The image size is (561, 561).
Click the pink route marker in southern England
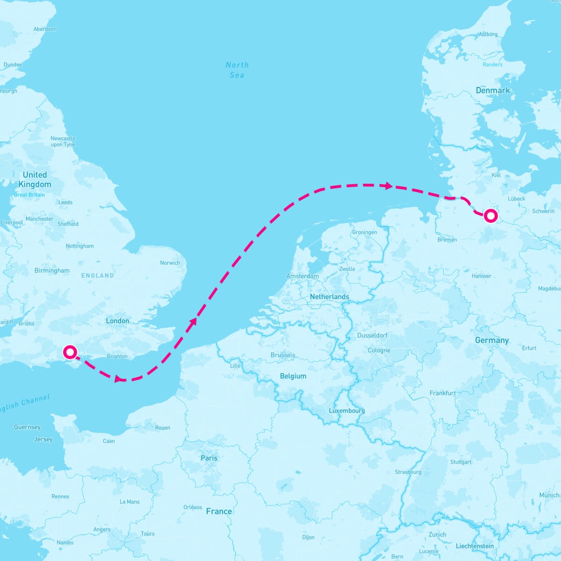[x=70, y=352]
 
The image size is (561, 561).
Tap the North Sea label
[x=237, y=70]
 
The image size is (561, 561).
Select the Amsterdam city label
[x=302, y=276]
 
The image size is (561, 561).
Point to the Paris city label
[x=209, y=458]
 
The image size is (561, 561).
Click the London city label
[x=117, y=321]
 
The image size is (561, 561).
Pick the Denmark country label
[x=493, y=90]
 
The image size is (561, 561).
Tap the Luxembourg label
[x=346, y=410]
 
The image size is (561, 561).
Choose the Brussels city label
[x=283, y=355]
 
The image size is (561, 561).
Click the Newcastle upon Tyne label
[x=63, y=141]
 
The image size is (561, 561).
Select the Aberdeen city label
[x=45, y=29]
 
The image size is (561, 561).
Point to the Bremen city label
[x=447, y=240]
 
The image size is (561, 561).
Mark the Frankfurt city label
[x=442, y=393]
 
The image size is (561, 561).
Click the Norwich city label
[x=170, y=263]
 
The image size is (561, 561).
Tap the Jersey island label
[x=43, y=439]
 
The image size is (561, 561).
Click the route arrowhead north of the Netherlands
[x=388, y=186]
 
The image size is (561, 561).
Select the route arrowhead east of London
[x=194, y=321]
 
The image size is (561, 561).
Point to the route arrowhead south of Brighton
[x=119, y=379]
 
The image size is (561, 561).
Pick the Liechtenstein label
[x=475, y=546]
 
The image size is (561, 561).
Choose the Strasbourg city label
[x=408, y=472]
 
